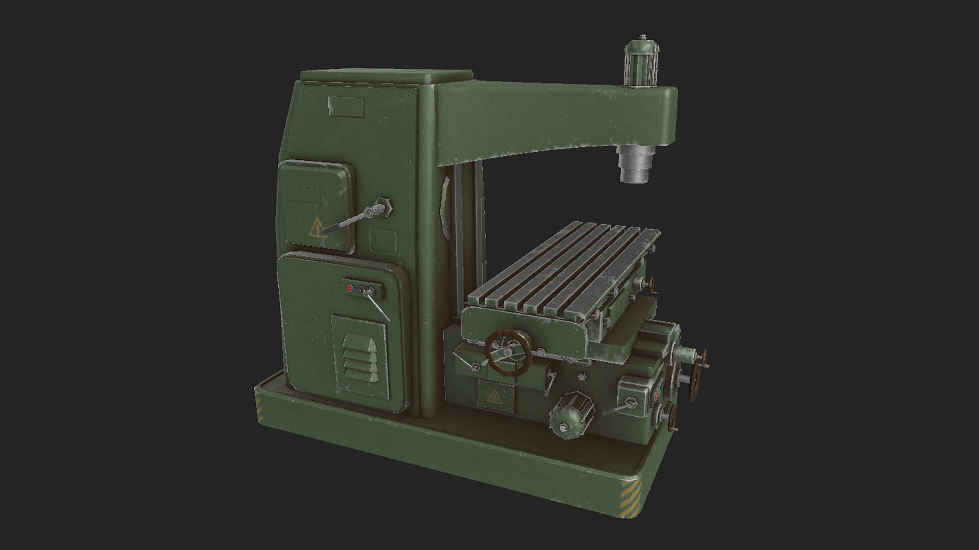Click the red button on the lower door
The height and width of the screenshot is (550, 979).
click(350, 288)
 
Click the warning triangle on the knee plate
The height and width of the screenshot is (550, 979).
click(494, 397)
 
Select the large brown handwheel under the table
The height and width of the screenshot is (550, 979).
click(508, 353)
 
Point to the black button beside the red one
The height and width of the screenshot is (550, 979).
click(360, 290)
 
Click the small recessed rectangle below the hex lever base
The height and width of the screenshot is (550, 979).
click(383, 239)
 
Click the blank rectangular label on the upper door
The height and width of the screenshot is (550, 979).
click(303, 195)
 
